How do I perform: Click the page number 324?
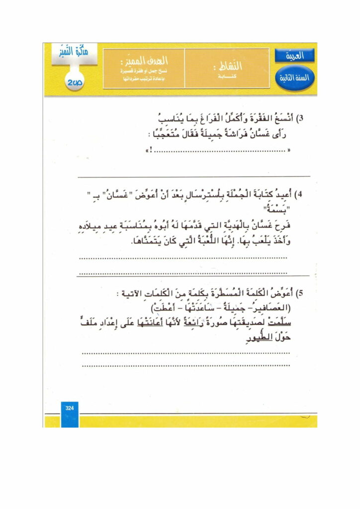point(69,408)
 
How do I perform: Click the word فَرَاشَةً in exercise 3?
point(224,134)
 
